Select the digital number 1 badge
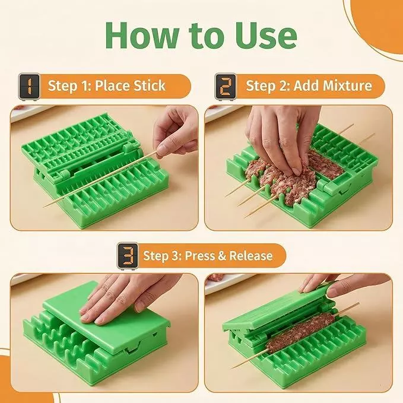pyautogui.click(x=29, y=87)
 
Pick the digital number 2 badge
pyautogui.click(x=226, y=87)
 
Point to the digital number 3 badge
pyautogui.click(x=128, y=256)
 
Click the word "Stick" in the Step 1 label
pyautogui.click(x=150, y=85)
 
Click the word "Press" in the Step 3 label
pyautogui.click(x=199, y=256)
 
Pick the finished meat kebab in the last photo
pyautogui.click(x=300, y=333)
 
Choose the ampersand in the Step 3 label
pyautogui.click(x=222, y=256)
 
